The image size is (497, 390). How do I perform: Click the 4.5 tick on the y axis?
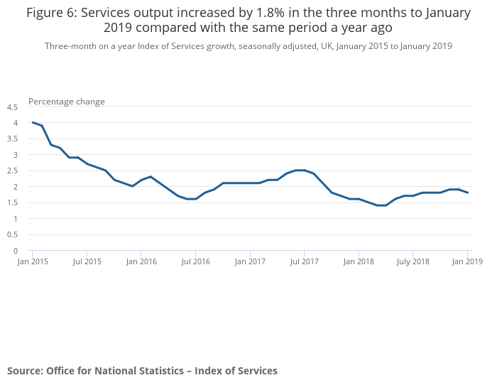[x=12, y=107]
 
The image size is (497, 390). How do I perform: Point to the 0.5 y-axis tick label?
[x=12, y=235]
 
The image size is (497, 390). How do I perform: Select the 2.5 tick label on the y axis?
[x=12, y=171]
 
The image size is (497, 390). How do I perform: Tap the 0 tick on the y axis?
[x=15, y=251]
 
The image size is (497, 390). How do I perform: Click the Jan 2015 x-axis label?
[x=32, y=261]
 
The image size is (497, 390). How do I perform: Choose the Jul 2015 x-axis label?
[x=87, y=261]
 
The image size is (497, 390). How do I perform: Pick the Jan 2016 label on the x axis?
[x=141, y=261]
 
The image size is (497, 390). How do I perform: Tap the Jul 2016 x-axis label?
[x=196, y=261]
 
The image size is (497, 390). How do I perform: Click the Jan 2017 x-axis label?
[x=250, y=261]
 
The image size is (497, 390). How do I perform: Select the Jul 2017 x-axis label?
[x=304, y=261]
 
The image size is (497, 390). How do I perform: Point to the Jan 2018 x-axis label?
[x=359, y=261]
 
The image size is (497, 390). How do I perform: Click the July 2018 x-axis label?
[x=413, y=261]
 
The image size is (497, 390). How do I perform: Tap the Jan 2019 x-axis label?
[x=467, y=261]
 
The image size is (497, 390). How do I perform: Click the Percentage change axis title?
[x=67, y=102]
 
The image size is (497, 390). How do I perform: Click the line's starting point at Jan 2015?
[x=33, y=122]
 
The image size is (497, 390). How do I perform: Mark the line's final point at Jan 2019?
[x=467, y=193]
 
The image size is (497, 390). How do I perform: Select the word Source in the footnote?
[x=24, y=371]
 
